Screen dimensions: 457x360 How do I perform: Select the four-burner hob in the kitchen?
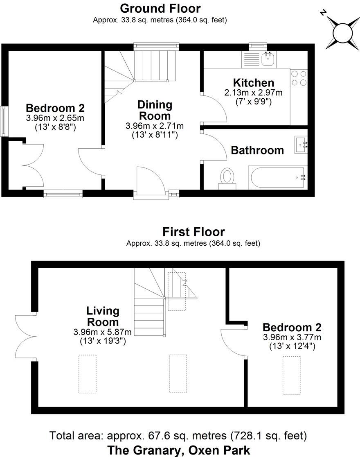[299, 78]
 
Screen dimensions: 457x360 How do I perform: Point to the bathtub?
[277, 177]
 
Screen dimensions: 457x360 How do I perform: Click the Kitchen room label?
[253, 83]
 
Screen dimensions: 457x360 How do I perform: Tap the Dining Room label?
[155, 110]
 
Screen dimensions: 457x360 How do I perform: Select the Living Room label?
[103, 316]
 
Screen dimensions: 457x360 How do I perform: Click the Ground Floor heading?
[160, 8]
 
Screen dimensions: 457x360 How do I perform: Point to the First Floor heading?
[193, 232]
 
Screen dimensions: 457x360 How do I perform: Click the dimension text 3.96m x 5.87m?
[103, 332]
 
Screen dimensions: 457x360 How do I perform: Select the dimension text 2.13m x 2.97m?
[253, 93]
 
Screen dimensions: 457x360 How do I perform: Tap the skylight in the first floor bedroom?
[292, 375]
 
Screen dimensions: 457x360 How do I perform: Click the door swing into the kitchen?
[215, 107]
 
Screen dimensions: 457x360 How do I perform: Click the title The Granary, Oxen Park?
[178, 450]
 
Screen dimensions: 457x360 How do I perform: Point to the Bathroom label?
[257, 150]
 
